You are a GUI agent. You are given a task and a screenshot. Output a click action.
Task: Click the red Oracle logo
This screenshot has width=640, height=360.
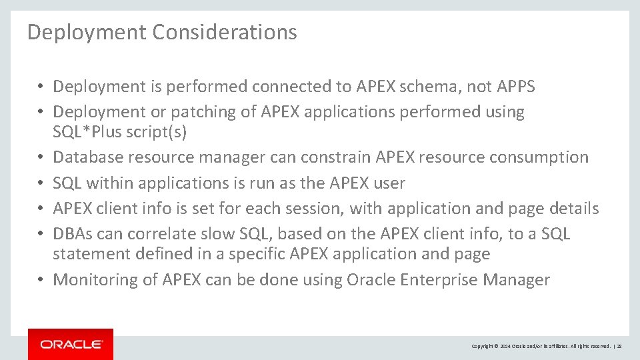coord(71,344)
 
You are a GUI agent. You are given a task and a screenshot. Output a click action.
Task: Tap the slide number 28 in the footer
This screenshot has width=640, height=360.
coord(619,346)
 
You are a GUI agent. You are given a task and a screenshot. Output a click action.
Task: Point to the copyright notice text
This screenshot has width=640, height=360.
coord(541,346)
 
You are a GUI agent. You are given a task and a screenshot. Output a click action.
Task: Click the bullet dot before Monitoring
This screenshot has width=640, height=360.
coord(41,280)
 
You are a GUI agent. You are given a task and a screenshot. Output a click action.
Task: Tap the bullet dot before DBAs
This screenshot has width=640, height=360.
coord(41,234)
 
